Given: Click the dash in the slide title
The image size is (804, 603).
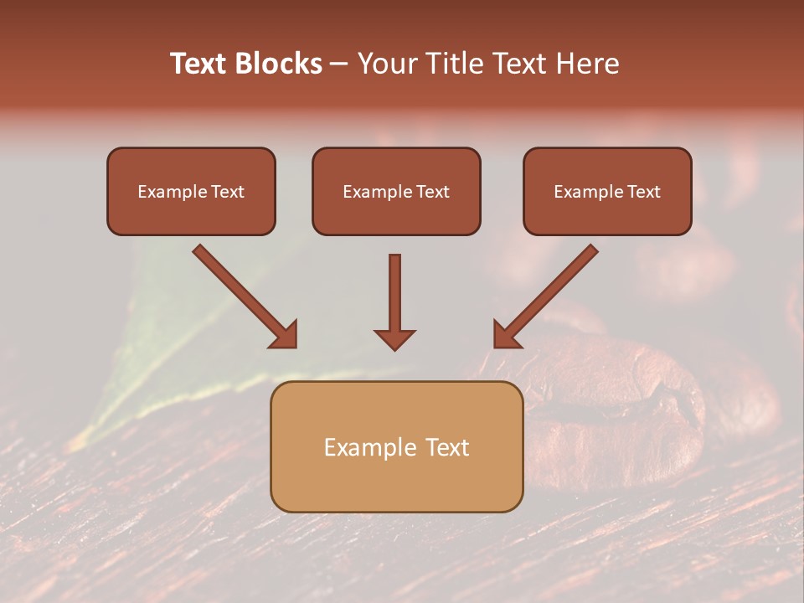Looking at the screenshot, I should point(339,64).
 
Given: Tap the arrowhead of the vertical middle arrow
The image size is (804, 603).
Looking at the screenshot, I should point(394,338).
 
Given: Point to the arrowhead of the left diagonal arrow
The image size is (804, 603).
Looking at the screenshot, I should point(284,334).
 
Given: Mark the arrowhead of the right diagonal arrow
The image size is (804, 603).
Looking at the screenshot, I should point(506,334).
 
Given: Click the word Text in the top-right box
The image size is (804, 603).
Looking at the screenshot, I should point(644,192).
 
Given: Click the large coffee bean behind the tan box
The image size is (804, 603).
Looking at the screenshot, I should point(636,402).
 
